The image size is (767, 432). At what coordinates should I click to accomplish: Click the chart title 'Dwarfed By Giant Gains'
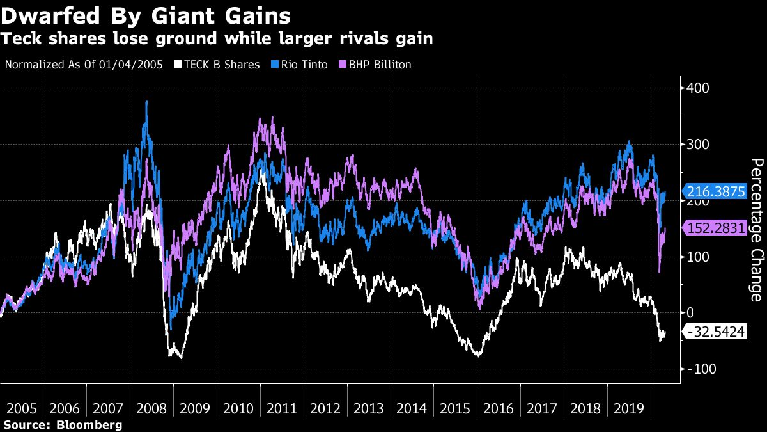(146, 15)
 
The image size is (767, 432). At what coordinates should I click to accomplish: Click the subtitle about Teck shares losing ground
(217, 39)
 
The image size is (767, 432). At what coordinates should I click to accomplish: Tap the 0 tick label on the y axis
(690, 313)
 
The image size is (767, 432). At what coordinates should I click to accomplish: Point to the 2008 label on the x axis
(151, 408)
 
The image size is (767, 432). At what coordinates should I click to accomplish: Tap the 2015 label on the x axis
(456, 408)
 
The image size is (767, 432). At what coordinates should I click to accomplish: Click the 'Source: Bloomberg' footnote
(63, 424)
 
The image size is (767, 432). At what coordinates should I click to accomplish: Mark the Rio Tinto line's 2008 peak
(147, 102)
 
